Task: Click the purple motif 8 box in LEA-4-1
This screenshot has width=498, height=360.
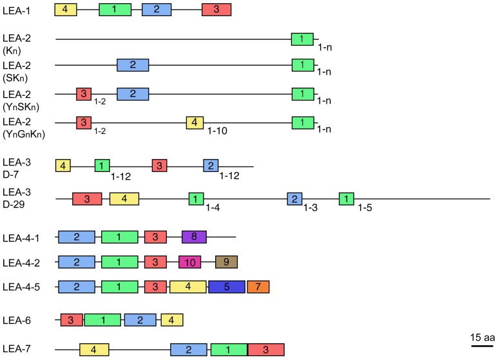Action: pos(193,237)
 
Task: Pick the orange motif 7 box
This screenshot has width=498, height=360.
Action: pos(258,286)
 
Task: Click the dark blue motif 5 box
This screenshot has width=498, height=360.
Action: pos(226,286)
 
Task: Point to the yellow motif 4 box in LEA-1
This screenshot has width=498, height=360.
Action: pos(66,10)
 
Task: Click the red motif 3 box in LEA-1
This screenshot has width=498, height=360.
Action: pos(216,10)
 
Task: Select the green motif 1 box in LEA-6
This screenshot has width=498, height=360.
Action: pos(103,319)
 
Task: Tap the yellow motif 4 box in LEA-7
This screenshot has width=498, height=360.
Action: pos(94,350)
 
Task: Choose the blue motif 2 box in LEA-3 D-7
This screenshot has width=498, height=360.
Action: pos(211,166)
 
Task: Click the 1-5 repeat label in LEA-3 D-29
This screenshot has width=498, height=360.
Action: pos(367,208)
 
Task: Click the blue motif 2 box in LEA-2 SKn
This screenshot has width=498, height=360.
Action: pos(133,65)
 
